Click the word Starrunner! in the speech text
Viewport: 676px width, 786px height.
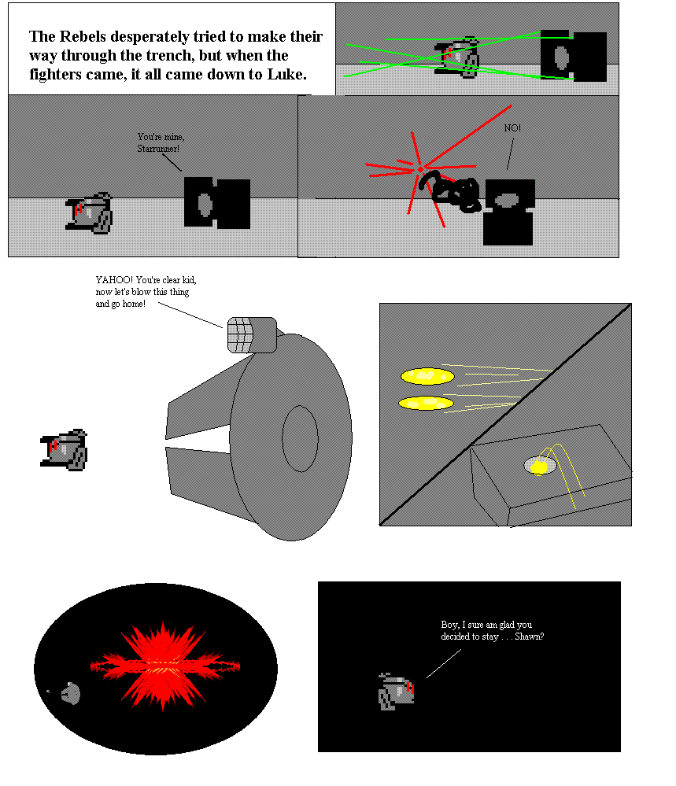[158, 149]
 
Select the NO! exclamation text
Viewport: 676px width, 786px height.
[512, 127]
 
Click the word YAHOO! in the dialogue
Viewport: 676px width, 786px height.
[114, 280]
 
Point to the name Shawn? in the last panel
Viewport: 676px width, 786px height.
[529, 637]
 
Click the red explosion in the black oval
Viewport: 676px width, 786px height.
[165, 666]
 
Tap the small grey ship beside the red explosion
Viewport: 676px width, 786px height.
[71, 694]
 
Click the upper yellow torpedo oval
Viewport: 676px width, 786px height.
[427, 376]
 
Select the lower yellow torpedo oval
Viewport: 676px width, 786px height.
[426, 403]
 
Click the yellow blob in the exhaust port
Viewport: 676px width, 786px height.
[538, 467]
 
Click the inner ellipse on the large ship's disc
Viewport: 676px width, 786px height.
[300, 438]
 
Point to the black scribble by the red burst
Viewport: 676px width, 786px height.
[452, 191]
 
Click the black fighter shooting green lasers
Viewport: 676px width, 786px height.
[573, 56]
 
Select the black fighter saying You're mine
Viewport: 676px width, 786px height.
[217, 202]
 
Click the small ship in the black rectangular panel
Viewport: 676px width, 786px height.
[396, 692]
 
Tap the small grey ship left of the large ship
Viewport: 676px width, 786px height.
[64, 449]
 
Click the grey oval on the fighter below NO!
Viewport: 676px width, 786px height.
[507, 200]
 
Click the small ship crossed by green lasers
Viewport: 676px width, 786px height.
[456, 57]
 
